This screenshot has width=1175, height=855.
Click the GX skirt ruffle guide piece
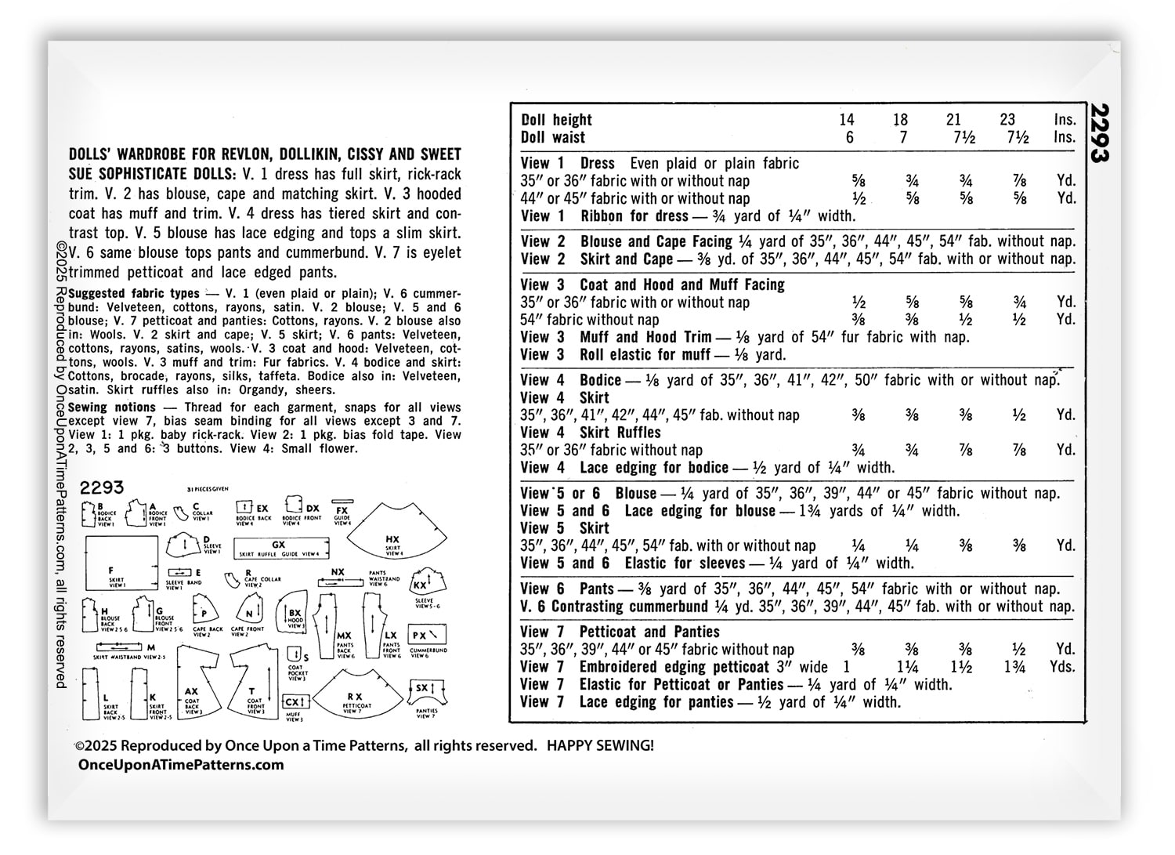(x=277, y=546)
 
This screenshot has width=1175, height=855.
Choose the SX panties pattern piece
(x=425, y=693)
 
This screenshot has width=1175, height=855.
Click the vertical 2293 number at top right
(x=1101, y=132)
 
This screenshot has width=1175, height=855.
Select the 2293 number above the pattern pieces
(x=102, y=487)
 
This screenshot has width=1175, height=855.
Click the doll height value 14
(x=846, y=120)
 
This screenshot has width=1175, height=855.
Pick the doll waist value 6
(x=849, y=138)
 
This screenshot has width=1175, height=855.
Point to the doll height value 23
(x=1007, y=120)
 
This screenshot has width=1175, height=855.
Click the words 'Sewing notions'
(x=112, y=407)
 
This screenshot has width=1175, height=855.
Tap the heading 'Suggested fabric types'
(x=134, y=293)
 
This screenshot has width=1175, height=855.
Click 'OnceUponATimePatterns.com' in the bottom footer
(x=180, y=765)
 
